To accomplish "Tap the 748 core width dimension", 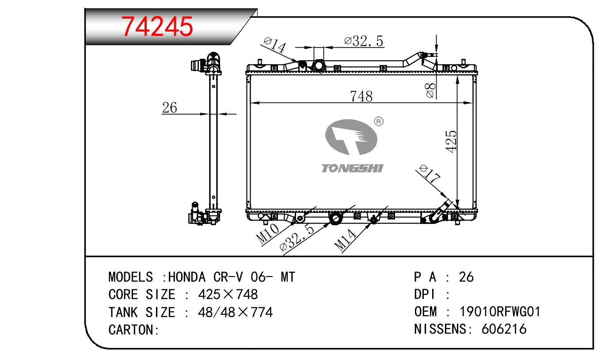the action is click(361, 96).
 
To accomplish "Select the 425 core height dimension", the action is click(451, 141).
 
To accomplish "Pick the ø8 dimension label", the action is click(430, 91).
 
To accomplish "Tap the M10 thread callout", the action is click(267, 234).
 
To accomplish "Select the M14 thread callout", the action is click(345, 240).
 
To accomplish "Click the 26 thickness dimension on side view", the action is click(169, 107).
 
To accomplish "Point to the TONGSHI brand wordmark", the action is click(353, 168).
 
